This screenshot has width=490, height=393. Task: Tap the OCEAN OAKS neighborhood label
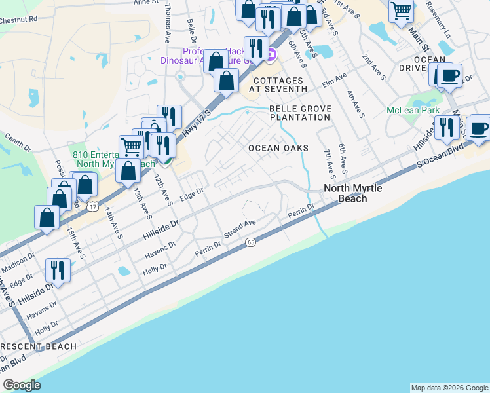(x=278, y=148)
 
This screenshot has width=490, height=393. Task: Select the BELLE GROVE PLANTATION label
(x=300, y=113)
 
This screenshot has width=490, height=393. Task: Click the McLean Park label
(x=413, y=111)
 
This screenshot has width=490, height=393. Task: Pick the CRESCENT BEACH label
(x=39, y=346)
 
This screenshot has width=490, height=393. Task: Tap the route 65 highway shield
(x=251, y=242)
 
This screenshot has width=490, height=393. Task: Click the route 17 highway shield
(x=93, y=207)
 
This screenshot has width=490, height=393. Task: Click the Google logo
(x=22, y=385)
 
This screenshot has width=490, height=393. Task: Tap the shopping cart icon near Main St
(x=401, y=10)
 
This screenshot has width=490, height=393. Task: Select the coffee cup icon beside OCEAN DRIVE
(x=449, y=75)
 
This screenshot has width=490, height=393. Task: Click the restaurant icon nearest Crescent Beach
(x=58, y=269)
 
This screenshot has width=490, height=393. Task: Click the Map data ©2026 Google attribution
(x=449, y=388)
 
